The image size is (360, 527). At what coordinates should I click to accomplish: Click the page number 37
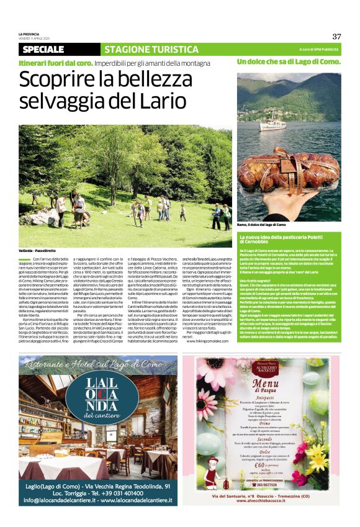click(x=336, y=36)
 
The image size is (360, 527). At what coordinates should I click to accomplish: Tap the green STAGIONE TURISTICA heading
click(x=143, y=50)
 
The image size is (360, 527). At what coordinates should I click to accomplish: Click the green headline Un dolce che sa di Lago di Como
click(x=288, y=62)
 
